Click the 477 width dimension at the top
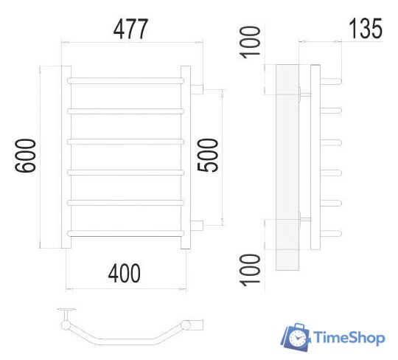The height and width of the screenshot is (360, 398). [130, 30]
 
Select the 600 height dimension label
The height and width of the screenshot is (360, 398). [26, 156]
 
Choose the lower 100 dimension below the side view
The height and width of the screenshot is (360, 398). [253, 271]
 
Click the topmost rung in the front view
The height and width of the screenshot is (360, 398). [125, 78]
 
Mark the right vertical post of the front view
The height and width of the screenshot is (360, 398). [188, 156]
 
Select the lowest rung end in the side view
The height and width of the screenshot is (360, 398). [334, 235]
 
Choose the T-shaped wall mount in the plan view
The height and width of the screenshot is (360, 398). [66, 314]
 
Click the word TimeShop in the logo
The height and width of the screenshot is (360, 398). [349, 339]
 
